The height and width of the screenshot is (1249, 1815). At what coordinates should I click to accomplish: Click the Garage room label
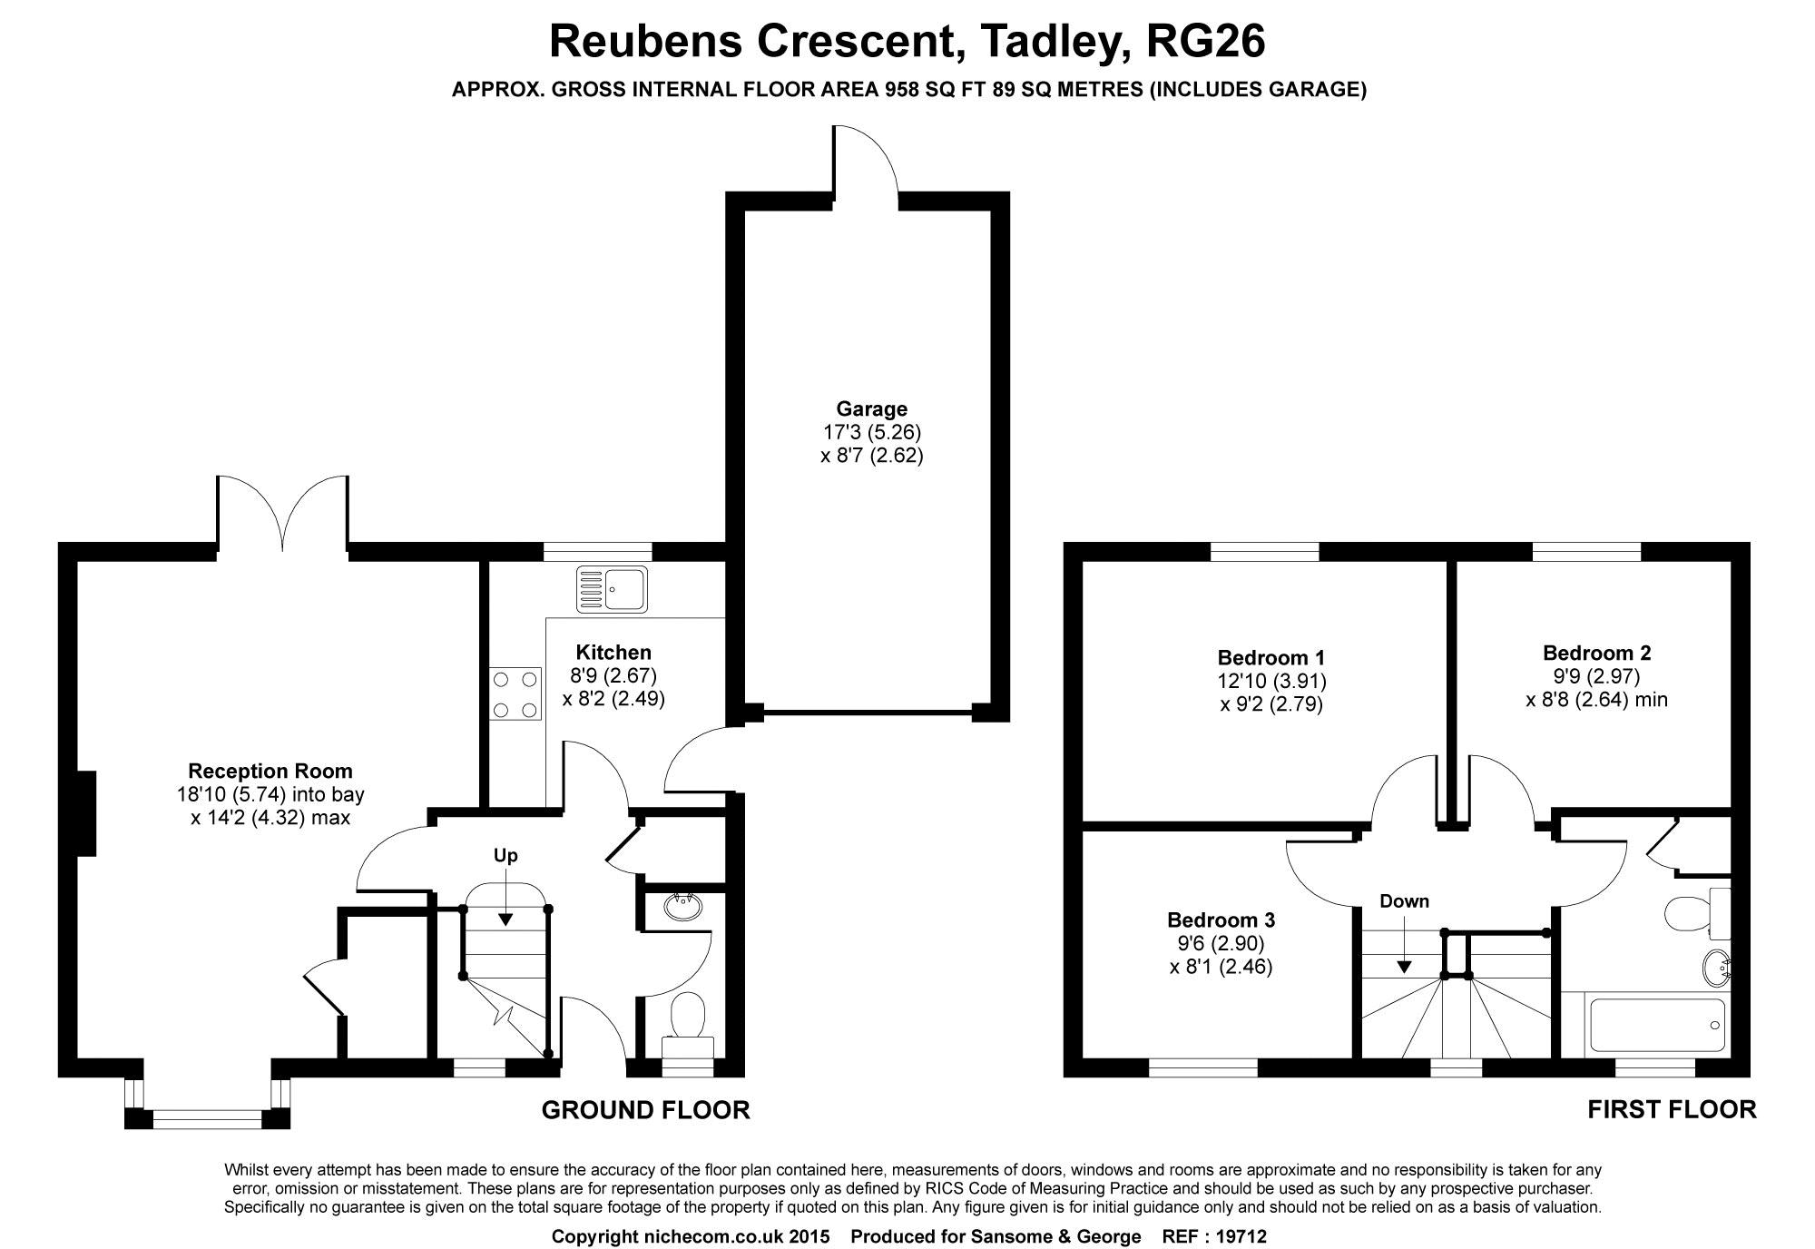point(871,409)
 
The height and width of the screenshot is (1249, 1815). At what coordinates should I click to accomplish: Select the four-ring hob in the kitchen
point(515,693)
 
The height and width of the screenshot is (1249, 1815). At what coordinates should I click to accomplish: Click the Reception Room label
point(270,772)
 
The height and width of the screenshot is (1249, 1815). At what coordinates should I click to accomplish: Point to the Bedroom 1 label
point(1270,657)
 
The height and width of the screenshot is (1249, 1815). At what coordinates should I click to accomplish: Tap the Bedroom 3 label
point(1221,920)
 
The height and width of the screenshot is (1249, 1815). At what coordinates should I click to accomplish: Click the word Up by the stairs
point(505,856)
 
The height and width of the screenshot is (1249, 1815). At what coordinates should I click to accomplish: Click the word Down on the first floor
point(1404,901)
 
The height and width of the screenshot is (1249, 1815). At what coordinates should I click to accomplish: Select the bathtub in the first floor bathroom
point(1655,1026)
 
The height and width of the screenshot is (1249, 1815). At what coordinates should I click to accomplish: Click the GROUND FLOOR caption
point(645,1109)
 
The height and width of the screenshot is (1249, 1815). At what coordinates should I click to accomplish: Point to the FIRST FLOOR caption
point(1671,1108)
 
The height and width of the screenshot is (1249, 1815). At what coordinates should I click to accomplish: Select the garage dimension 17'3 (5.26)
point(871,432)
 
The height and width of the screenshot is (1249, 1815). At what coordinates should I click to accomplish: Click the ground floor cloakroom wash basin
point(682,906)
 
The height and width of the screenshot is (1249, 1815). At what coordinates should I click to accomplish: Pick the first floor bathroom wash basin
point(1715,968)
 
